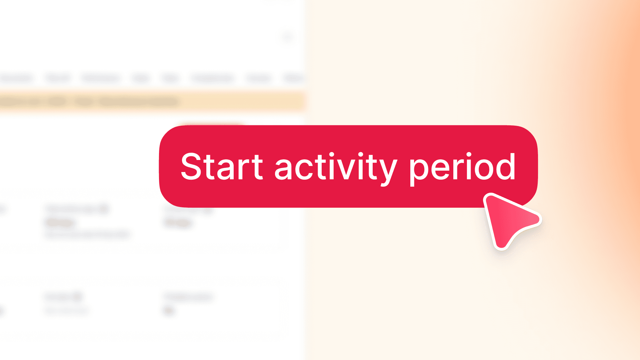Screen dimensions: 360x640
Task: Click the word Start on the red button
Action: coord(222,167)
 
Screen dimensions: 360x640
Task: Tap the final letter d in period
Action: coord(505,167)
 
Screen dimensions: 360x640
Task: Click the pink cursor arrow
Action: coord(508,218)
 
